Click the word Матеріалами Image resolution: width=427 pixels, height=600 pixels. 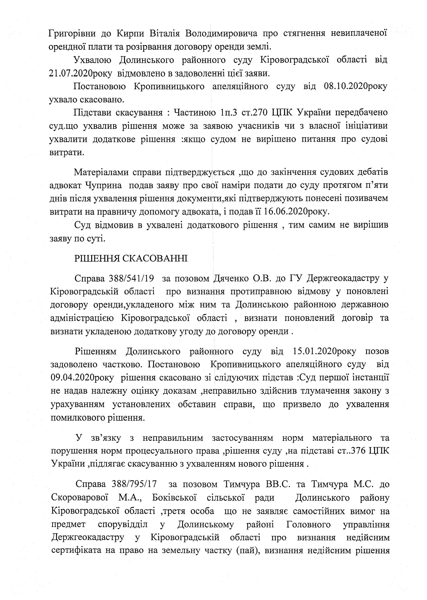[101, 172]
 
